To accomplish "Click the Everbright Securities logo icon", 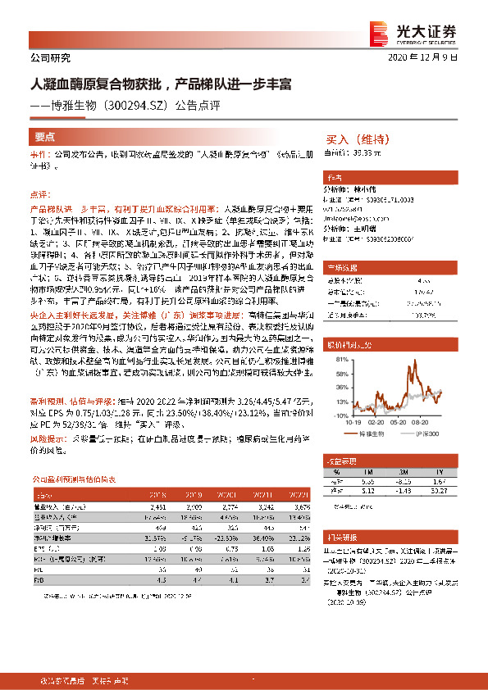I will point(381,30).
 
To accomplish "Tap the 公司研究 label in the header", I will point(50,57).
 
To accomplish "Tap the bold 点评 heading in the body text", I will point(39,195).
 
